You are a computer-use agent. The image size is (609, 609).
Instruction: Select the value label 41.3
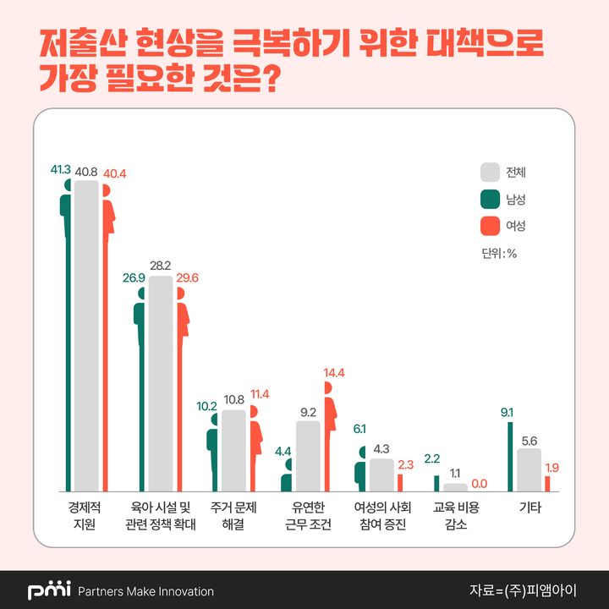[61, 170]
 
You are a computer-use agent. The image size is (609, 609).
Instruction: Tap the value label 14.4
[335, 372]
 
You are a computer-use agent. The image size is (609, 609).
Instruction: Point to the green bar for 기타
[510, 456]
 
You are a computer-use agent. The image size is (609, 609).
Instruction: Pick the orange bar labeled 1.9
[547, 483]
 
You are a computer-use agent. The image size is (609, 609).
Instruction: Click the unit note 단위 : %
[499, 253]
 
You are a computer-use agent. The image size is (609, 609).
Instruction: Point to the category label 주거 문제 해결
[233, 516]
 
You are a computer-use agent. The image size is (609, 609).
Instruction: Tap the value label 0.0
[480, 483]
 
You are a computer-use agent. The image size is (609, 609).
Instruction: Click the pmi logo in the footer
[49, 590]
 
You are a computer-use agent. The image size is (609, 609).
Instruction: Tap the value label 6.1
[359, 430]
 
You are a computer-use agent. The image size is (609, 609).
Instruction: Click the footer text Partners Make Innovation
[145, 591]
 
